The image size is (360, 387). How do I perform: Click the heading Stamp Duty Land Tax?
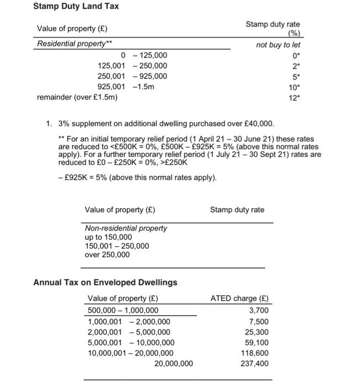[76, 7]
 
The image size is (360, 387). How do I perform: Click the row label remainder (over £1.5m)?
[77, 97]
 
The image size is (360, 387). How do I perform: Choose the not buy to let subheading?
[278, 44]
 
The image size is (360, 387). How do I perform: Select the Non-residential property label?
[125, 228]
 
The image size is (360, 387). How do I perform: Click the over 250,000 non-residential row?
[107, 255]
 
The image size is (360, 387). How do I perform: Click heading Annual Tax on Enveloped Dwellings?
[105, 283]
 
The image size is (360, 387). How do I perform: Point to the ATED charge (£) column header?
[240, 299]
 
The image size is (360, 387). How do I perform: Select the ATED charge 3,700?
[259, 310]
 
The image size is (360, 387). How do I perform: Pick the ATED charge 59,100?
[257, 342]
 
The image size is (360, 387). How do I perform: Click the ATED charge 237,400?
[255, 363]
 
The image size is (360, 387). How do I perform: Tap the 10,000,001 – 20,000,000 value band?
[131, 353]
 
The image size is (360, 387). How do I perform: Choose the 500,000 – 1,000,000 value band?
[123, 310]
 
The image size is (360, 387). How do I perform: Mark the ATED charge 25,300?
[257, 332]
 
